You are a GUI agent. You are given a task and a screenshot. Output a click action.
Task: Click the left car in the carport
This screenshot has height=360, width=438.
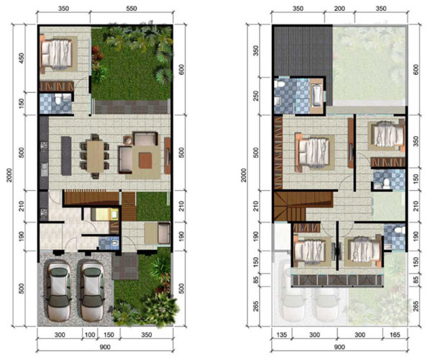[x=59, y=291]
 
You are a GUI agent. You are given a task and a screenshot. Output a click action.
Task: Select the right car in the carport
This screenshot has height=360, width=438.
[x=92, y=291]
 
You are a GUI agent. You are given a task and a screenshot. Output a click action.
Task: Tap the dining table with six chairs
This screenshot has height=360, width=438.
[x=95, y=156]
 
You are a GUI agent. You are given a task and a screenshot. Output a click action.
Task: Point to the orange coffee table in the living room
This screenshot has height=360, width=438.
[x=145, y=161]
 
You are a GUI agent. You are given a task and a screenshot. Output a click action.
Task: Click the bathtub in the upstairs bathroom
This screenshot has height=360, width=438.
[x=316, y=96]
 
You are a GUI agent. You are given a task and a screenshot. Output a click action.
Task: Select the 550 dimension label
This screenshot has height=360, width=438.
[x=132, y=9]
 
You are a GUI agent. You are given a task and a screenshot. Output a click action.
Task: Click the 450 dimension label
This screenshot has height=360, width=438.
[x=22, y=58]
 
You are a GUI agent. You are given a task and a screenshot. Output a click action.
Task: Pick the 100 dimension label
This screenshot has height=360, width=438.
[x=90, y=335]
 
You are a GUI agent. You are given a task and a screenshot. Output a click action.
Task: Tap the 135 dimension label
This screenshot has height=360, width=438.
[x=281, y=335]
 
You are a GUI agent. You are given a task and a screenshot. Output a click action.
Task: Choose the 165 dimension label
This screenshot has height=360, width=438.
[x=395, y=335]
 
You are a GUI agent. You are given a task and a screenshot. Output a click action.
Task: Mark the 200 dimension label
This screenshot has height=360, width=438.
[x=339, y=9]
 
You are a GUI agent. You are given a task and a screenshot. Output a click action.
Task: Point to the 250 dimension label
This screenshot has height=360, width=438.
[x=255, y=96]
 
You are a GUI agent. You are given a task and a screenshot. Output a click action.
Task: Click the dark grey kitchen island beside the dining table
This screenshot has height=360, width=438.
[x=66, y=156]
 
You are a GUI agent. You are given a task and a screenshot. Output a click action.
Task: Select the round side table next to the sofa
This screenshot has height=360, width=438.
[x=128, y=140]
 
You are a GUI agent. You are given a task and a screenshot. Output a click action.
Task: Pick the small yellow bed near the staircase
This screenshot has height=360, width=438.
[x=105, y=215]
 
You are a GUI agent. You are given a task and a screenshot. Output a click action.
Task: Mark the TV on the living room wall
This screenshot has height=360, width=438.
[x=168, y=156]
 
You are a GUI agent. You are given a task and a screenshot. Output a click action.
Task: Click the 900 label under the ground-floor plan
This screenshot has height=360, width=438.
[x=105, y=347]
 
